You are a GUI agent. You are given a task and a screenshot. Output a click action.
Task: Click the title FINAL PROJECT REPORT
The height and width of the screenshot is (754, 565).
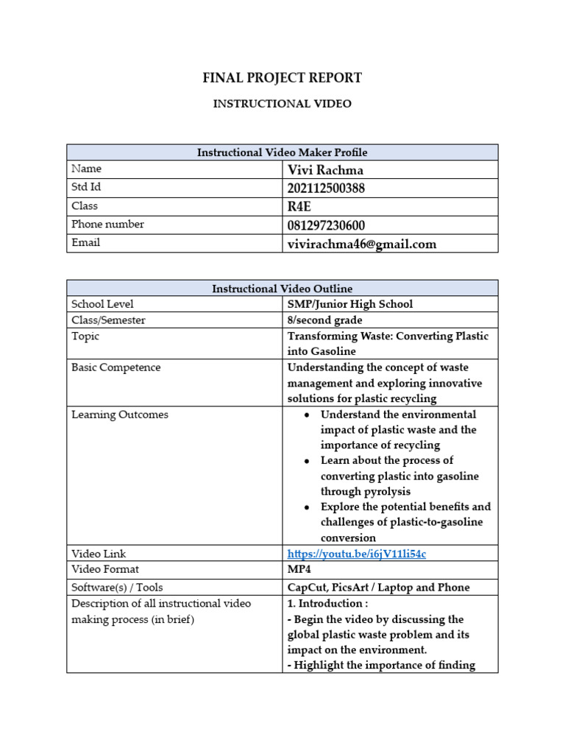pyautogui.click(x=282, y=78)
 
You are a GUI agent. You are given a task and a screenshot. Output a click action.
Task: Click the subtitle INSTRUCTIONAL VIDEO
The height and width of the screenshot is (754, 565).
pyautogui.click(x=282, y=104)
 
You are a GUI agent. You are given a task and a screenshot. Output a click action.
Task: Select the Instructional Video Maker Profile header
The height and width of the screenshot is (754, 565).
pyautogui.click(x=282, y=152)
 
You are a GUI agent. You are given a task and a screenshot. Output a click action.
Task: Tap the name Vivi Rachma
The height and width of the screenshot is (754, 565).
pyautogui.click(x=325, y=170)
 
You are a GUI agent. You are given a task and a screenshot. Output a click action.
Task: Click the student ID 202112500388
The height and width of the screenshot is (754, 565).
pyautogui.click(x=326, y=188)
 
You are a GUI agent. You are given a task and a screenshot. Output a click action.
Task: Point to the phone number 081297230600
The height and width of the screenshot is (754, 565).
pyautogui.click(x=326, y=225)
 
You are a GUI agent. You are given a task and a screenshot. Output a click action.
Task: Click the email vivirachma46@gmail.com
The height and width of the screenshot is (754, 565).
pyautogui.click(x=361, y=244)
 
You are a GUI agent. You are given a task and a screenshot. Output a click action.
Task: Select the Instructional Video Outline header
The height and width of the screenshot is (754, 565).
pyautogui.click(x=282, y=289)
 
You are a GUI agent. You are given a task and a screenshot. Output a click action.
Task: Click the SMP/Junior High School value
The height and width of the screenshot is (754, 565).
pyautogui.click(x=350, y=304)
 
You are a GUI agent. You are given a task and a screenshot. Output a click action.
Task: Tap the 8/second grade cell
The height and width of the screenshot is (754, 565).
pyautogui.click(x=324, y=320)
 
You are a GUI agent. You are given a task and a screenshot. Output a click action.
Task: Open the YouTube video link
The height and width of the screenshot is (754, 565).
pyautogui.click(x=356, y=554)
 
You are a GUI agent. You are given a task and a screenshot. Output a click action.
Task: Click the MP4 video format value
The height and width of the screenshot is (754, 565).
pyautogui.click(x=299, y=569)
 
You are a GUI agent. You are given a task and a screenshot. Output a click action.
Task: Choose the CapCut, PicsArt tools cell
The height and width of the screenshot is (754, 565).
pyautogui.click(x=378, y=588)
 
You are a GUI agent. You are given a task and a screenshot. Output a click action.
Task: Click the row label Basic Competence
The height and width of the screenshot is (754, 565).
pyautogui.click(x=116, y=367)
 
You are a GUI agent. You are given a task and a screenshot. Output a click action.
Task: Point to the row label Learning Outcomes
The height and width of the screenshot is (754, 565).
pyautogui.click(x=119, y=415)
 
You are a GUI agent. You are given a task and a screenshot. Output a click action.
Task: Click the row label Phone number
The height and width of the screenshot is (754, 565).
pyautogui.click(x=107, y=225)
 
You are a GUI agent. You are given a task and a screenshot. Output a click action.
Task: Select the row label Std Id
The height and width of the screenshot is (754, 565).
pyautogui.click(x=85, y=188)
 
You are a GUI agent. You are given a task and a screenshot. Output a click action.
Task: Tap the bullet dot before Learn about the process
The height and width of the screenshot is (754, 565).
pyautogui.click(x=305, y=461)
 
